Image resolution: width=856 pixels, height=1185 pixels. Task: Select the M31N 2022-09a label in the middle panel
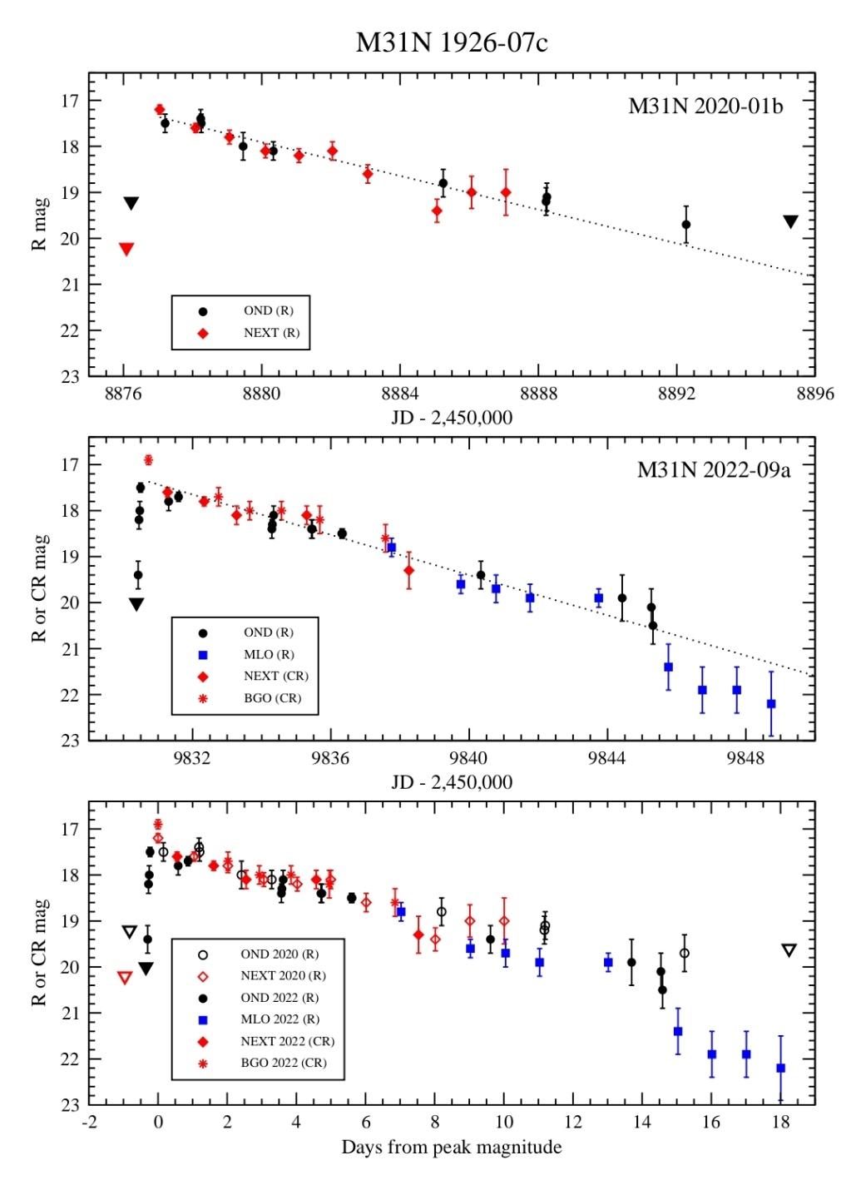pos(713,470)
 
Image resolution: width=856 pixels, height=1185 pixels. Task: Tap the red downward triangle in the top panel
pos(126,249)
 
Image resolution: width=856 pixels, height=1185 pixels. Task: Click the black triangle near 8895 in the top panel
pos(790,221)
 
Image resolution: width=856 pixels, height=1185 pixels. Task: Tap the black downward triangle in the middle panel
pos(136,605)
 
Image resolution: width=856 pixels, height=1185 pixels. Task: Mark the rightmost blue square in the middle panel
pos(771,704)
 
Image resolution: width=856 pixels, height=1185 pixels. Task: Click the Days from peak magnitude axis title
pos(451,1148)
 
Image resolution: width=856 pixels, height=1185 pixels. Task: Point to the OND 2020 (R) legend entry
pos(279,954)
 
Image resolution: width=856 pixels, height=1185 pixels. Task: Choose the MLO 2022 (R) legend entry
pos(279,1019)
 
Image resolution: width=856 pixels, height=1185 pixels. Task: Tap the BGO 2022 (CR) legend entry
pos(283,1063)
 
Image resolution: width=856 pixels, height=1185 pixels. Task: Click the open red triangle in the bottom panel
pos(125,977)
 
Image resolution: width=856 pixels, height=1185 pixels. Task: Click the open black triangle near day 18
pos(789,950)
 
